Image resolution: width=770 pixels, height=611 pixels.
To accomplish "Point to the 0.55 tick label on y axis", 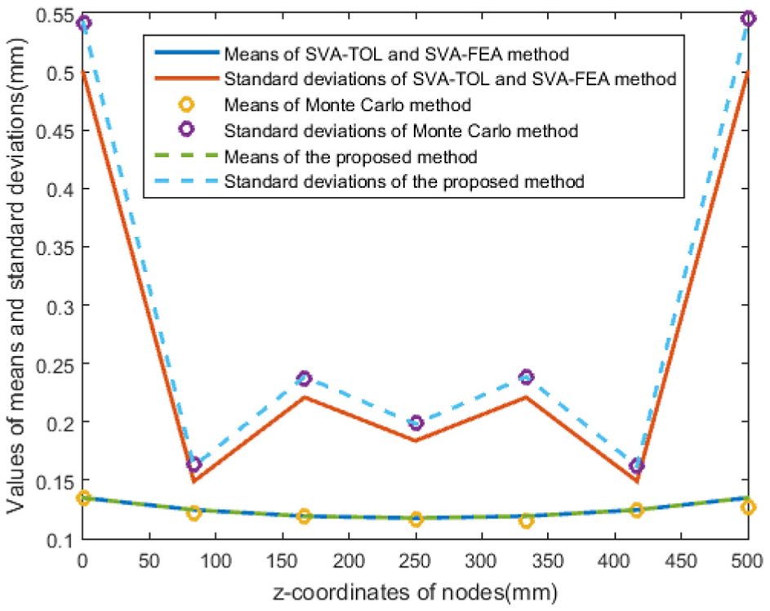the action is pos(54,16).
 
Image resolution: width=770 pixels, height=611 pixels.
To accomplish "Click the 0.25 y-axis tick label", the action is pos(54,364).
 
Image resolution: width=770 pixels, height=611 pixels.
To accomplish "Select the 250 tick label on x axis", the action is pos(416,561).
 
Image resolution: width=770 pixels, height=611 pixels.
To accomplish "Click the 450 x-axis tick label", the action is pos(682,561).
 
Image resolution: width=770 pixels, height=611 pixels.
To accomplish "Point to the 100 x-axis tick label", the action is pos(216,561).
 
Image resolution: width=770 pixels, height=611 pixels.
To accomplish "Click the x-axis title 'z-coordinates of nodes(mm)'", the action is pos(416,592).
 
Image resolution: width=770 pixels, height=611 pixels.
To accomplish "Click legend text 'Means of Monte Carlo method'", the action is pos(348,105).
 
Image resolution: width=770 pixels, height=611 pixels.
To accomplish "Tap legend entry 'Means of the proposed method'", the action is pos(350,157).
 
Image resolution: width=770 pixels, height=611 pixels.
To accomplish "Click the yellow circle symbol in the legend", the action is pos(187,104).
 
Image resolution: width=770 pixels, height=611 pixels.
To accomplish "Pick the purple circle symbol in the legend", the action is pos(187,130).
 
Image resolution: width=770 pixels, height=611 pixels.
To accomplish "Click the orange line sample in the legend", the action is pos(187,78).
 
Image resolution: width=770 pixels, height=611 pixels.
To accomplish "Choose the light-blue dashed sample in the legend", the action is pos(187,181).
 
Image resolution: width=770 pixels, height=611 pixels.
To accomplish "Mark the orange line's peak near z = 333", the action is pos(527,396).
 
